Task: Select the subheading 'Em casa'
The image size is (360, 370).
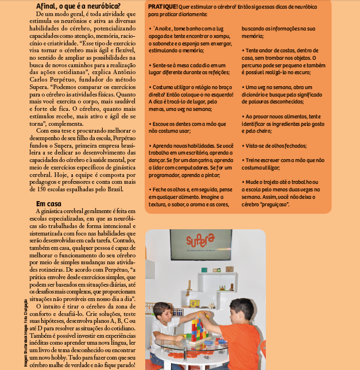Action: pyautogui.click(x=49, y=203)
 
